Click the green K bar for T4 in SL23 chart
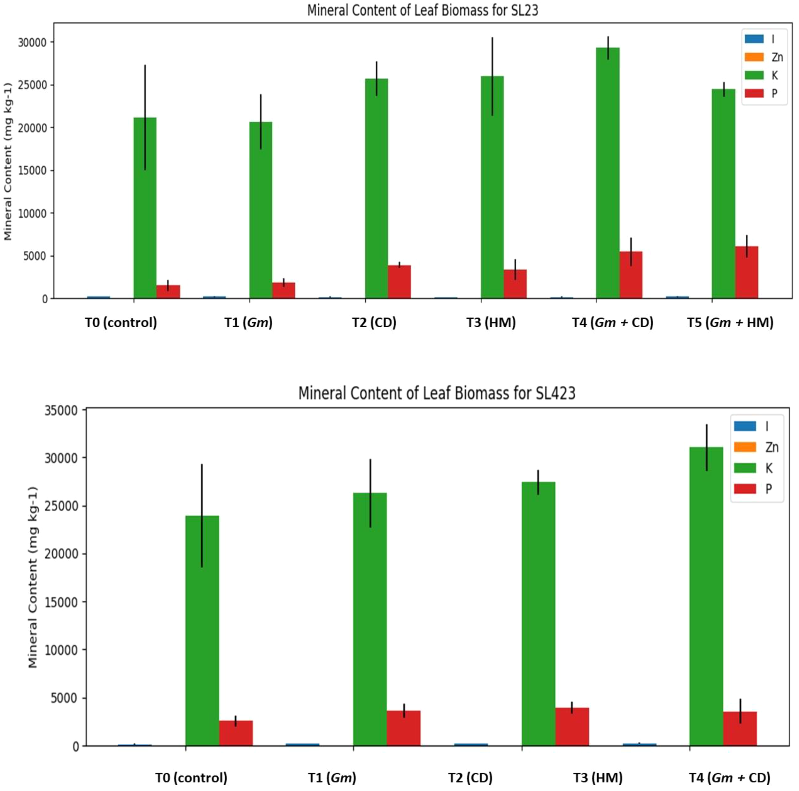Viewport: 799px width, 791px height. click(608, 174)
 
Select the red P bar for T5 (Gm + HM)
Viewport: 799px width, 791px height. click(747, 273)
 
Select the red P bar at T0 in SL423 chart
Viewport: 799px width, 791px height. click(236, 733)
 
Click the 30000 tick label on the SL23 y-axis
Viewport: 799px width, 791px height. click(32, 42)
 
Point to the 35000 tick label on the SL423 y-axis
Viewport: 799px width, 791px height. click(62, 411)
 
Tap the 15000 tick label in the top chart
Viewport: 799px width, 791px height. click(32, 171)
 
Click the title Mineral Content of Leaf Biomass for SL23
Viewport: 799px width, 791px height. click(422, 10)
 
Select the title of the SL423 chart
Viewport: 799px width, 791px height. click(436, 393)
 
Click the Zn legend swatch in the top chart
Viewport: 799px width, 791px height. click(754, 57)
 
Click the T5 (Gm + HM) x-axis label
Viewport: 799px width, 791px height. click(730, 322)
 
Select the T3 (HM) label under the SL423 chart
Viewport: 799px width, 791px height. click(597, 778)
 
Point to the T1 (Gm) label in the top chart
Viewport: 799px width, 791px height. click(248, 322)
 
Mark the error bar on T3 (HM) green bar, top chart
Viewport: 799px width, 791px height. click(492, 76)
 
